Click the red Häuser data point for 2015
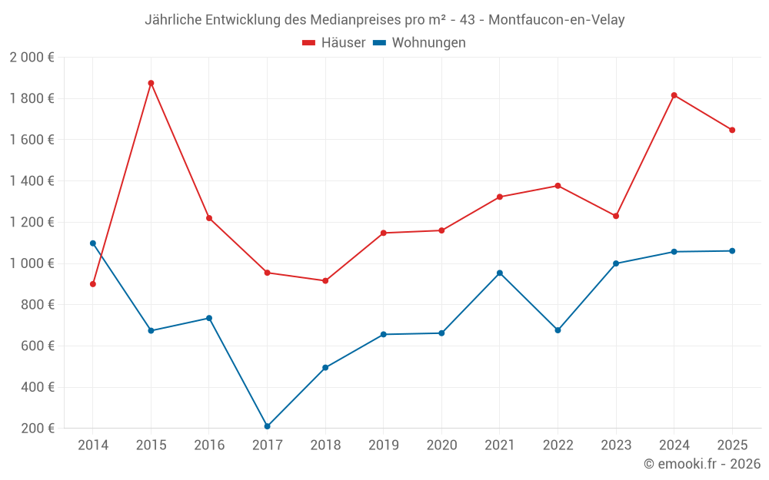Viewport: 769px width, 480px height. pyautogui.click(x=151, y=83)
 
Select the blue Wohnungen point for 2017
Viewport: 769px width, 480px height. pyautogui.click(x=267, y=426)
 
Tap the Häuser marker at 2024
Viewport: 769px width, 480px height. pyautogui.click(x=674, y=95)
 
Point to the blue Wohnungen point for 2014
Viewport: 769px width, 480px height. pyautogui.click(x=93, y=243)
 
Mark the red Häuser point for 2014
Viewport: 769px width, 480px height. pyautogui.click(x=93, y=284)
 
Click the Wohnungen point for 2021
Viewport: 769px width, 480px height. pyautogui.click(x=500, y=273)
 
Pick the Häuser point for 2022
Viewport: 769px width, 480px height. pyautogui.click(x=558, y=186)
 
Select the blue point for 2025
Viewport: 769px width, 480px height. pyautogui.click(x=732, y=251)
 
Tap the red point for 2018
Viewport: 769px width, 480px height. pyautogui.click(x=325, y=281)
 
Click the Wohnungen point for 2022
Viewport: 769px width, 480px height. pyautogui.click(x=558, y=330)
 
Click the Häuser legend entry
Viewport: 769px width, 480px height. pyautogui.click(x=334, y=43)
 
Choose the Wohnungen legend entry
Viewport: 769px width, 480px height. pyautogui.click(x=419, y=43)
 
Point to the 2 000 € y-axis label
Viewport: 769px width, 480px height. pyautogui.click(x=32, y=58)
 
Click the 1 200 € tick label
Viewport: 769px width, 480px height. pyautogui.click(x=32, y=222)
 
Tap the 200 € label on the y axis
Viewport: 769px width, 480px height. pyautogui.click(x=38, y=428)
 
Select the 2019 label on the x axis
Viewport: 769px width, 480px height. pyautogui.click(x=383, y=445)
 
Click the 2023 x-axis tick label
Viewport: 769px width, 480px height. pyautogui.click(x=616, y=445)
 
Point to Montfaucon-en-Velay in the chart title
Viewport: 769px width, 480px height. pyautogui.click(x=556, y=20)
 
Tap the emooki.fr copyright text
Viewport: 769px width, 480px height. pyautogui.click(x=702, y=464)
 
